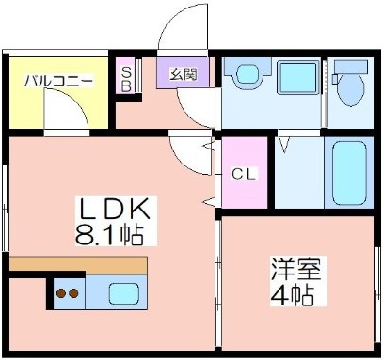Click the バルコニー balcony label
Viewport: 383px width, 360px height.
pos(59,81)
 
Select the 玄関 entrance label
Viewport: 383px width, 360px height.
pos(184,74)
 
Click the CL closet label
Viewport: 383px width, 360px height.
pos(244,173)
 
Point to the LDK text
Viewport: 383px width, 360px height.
pos(115,209)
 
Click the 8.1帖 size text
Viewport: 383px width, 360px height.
pos(109,234)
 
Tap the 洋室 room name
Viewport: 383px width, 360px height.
pos(296,269)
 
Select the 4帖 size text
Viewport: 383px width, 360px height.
pos(292,295)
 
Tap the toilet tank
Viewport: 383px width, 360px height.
pos(351,67)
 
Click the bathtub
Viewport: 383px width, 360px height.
pos(349,173)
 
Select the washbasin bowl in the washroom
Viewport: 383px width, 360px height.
pos(248,73)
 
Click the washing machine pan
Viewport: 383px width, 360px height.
pos(297,77)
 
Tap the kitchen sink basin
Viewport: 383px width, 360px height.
pos(124,293)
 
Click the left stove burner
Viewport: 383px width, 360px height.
pos(61,293)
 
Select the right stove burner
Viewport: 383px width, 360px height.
pos(73,293)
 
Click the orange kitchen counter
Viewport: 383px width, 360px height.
pos(78,265)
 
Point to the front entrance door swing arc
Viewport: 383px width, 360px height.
pos(166,23)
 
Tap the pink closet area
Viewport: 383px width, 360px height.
pos(245,172)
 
